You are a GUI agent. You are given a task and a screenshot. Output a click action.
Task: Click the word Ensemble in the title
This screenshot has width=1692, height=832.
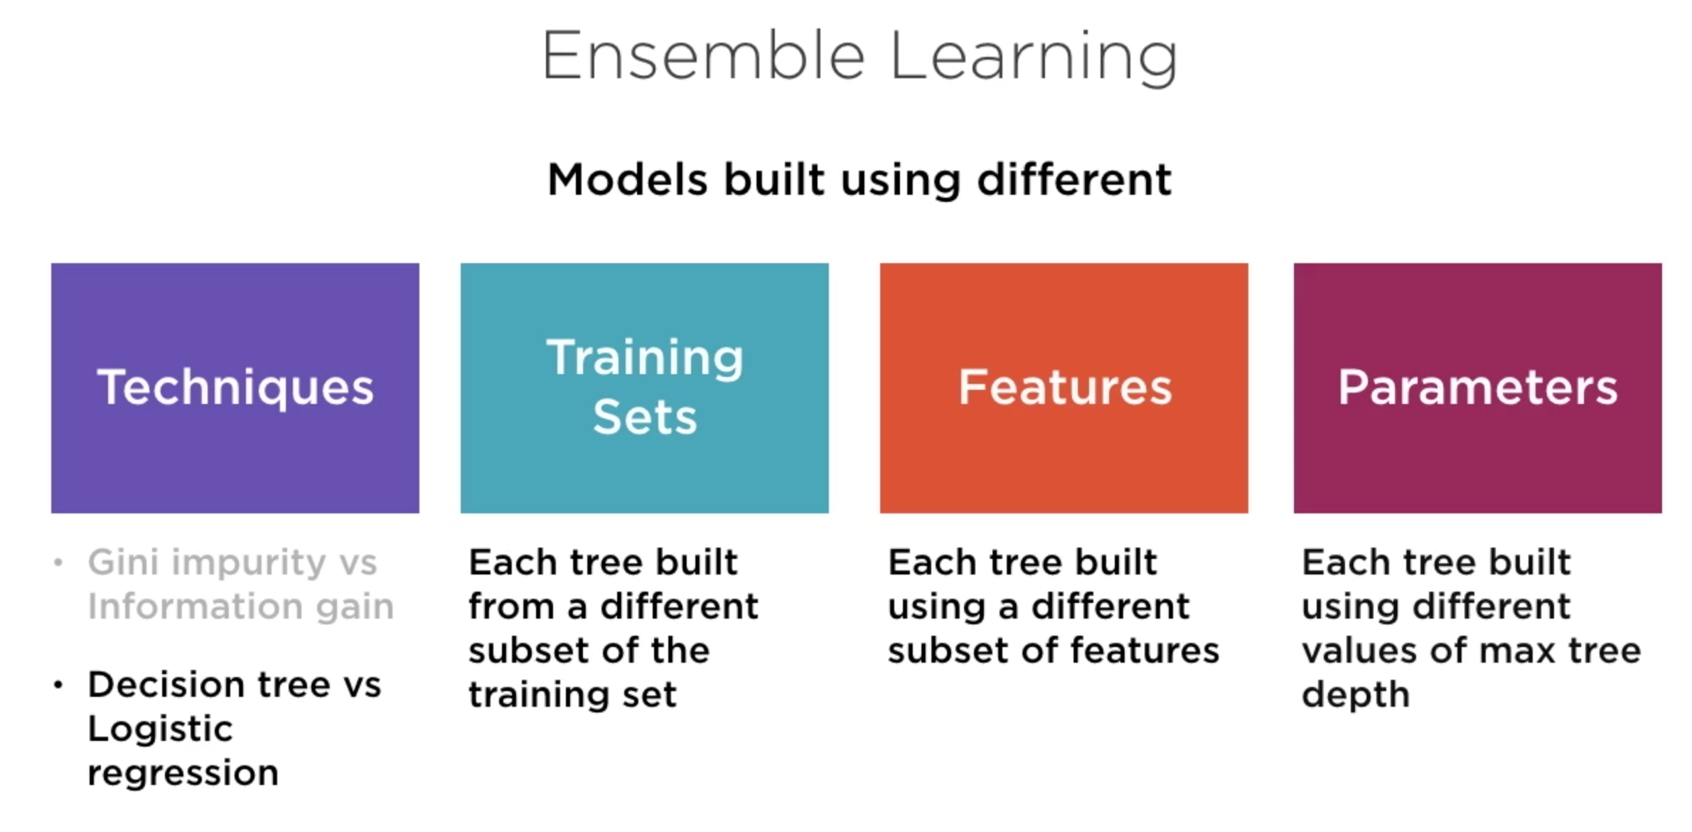click(704, 57)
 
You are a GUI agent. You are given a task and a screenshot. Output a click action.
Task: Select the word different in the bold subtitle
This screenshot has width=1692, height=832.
click(1074, 179)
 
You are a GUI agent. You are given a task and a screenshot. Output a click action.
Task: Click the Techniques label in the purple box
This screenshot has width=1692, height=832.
click(235, 388)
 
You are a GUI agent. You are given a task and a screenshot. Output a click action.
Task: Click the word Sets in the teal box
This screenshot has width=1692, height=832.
click(645, 417)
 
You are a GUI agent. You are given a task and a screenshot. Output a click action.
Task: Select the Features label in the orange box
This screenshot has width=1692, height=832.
click(1064, 388)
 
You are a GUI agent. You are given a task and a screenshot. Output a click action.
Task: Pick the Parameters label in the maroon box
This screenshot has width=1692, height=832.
click(1477, 388)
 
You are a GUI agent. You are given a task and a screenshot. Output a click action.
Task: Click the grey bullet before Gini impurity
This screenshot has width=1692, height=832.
click(58, 563)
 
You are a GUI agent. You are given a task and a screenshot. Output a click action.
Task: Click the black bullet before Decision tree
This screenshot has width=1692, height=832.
click(58, 686)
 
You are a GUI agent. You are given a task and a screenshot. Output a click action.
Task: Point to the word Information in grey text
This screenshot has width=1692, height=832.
click(195, 607)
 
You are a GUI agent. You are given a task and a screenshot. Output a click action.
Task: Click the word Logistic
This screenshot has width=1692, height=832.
click(160, 730)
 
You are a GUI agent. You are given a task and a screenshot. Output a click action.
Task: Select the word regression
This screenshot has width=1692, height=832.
click(183, 774)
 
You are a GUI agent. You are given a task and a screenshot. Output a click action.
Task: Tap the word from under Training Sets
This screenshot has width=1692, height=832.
click(510, 607)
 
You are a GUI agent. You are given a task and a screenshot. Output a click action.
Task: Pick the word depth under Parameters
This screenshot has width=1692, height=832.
click(1355, 695)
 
